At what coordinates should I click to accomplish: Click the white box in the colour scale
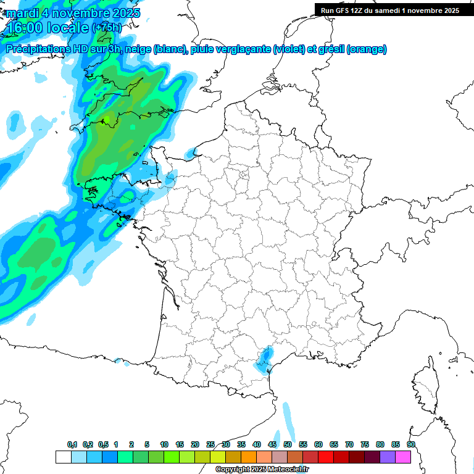[63, 457]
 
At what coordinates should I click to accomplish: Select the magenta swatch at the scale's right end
[403, 457]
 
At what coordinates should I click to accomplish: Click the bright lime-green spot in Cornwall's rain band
[106, 118]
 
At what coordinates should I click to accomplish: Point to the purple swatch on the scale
[388, 457]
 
